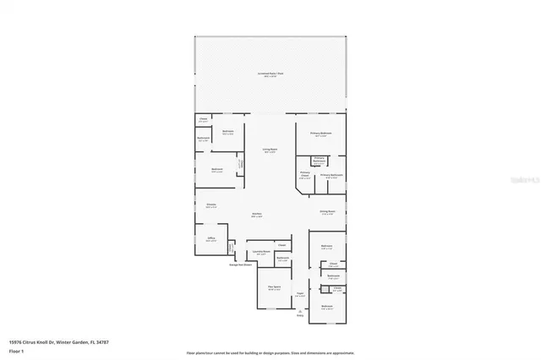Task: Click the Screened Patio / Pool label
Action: [x=270, y=74]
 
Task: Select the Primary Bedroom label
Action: [x=320, y=134]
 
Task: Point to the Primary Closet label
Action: [x=304, y=177]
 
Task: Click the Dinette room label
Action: [x=211, y=205]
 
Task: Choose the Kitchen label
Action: [x=256, y=215]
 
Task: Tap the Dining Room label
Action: [x=327, y=212]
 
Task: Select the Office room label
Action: [x=211, y=239]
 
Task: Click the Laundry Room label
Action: [x=261, y=252]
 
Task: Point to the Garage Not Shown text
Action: [x=241, y=265]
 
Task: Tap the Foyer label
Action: [x=299, y=295]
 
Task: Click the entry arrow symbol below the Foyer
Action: [x=300, y=310]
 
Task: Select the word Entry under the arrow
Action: [x=300, y=316]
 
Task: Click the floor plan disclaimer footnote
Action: [x=270, y=352]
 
